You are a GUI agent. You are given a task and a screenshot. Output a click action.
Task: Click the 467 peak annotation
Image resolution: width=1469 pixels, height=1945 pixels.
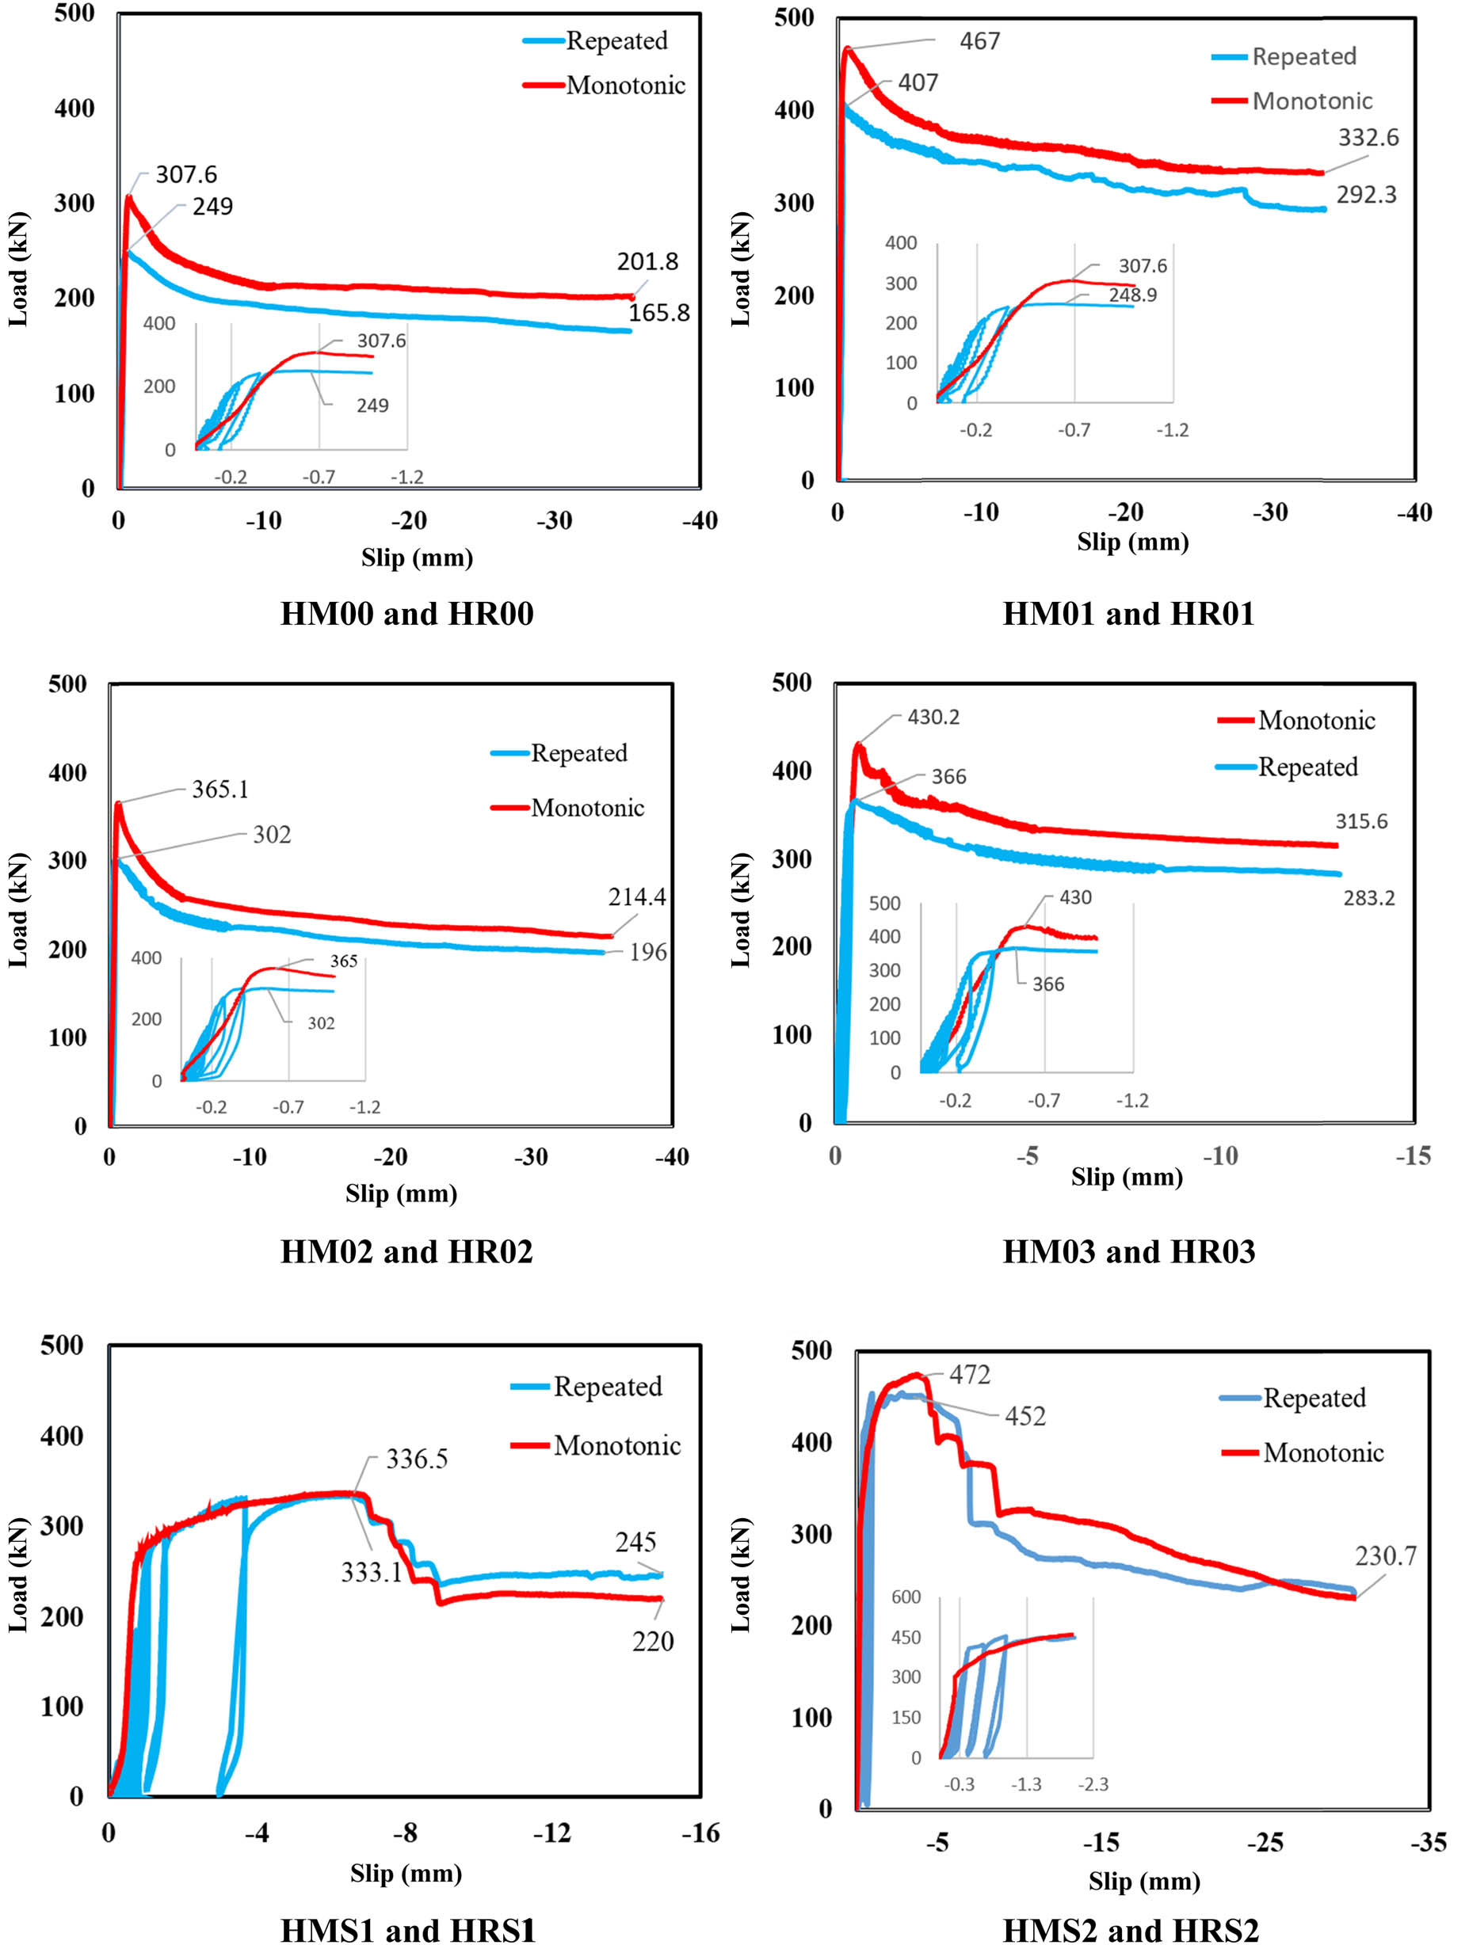[x=979, y=41]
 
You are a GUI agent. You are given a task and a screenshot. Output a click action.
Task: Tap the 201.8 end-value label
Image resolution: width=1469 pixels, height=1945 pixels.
[x=647, y=261]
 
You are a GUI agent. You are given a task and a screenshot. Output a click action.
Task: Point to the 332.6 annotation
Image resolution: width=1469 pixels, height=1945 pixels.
[x=1368, y=137]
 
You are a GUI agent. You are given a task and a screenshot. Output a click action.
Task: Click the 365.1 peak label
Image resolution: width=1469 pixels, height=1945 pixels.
[x=220, y=790]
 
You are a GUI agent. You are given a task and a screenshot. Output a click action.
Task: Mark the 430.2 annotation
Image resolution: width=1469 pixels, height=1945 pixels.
[x=933, y=717]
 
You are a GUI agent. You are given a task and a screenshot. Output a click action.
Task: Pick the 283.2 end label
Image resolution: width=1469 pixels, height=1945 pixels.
[x=1368, y=898]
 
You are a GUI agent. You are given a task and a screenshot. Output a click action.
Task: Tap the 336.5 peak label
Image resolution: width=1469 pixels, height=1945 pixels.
[x=417, y=1460]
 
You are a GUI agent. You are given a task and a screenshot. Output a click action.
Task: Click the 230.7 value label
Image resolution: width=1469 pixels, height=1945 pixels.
[x=1386, y=1556]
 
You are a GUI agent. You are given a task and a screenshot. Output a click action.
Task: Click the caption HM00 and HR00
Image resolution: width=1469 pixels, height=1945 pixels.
[x=406, y=614]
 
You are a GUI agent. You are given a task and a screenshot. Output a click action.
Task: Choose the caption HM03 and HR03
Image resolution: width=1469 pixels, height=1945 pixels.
[x=1128, y=1251]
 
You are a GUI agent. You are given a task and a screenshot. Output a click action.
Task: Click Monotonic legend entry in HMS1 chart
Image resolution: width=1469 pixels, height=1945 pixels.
[x=616, y=1445]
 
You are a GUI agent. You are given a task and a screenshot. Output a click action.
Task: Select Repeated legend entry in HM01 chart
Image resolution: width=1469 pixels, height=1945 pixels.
[x=1303, y=56]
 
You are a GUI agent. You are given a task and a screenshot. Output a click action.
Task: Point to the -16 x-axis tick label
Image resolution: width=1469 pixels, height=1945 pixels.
[x=700, y=1833]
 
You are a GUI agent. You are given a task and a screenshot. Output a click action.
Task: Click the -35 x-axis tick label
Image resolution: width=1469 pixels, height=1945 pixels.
[x=1428, y=1842]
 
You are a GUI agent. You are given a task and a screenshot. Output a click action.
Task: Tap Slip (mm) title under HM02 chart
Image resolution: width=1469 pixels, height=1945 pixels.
[x=401, y=1193]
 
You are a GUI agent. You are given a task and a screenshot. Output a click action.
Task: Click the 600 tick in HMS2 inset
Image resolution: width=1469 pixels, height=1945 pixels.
[x=906, y=1597]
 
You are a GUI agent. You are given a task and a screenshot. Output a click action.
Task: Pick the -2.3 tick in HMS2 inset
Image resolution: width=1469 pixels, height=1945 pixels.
[x=1093, y=1784]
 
